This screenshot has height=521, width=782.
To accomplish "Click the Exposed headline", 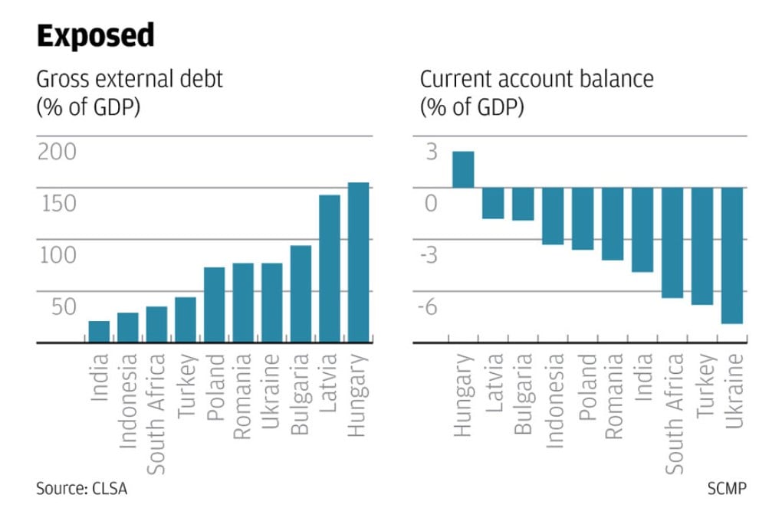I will click(x=95, y=36).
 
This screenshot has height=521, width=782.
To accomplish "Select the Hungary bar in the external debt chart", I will click(x=358, y=262).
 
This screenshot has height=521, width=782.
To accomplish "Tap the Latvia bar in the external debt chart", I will click(x=329, y=268).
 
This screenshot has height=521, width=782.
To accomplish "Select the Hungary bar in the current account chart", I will click(x=463, y=169).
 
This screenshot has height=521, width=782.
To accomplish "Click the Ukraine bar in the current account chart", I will click(x=732, y=255).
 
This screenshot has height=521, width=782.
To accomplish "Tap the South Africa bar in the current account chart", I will click(x=672, y=242).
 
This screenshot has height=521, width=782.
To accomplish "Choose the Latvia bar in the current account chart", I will click(x=493, y=203).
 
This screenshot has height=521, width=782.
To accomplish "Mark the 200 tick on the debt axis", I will click(x=58, y=152).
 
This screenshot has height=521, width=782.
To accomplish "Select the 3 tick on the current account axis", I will click(x=432, y=152).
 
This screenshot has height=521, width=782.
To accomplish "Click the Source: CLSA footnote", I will click(x=81, y=489).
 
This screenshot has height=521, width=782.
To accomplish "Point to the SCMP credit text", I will click(x=725, y=489).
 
